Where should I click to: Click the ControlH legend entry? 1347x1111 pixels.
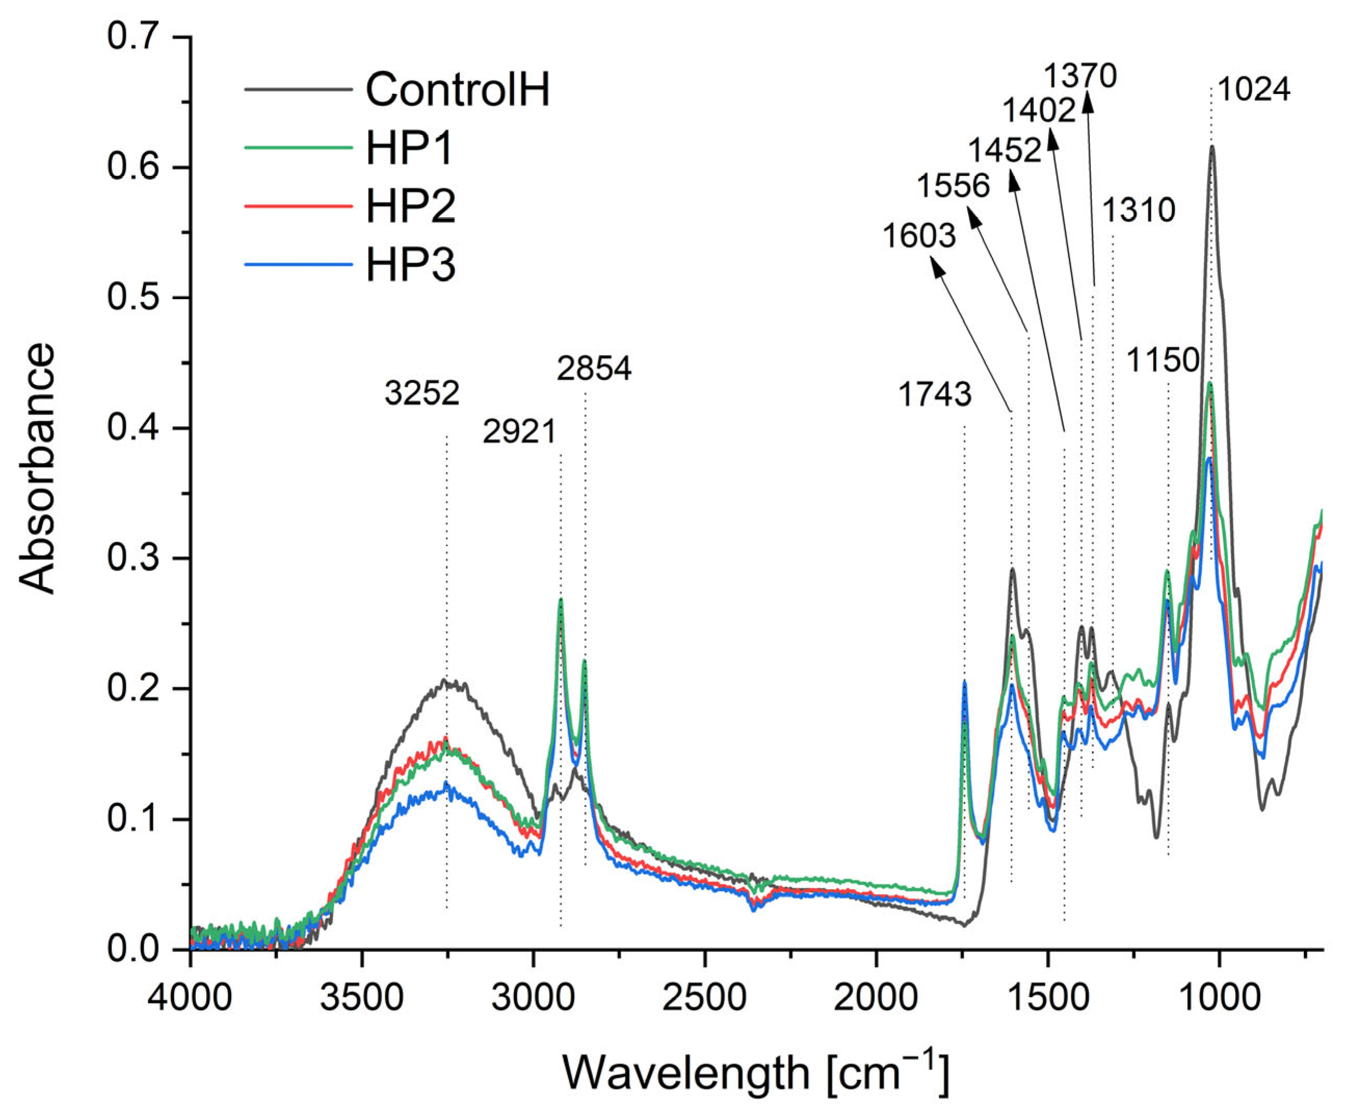pos(457,89)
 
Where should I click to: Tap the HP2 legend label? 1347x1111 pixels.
pos(410,207)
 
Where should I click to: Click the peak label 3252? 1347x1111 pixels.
pos(422,393)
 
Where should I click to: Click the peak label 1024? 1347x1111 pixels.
pos(1253,89)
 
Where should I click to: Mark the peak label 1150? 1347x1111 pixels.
pos(1162,360)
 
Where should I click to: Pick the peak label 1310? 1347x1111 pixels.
pos(1139,210)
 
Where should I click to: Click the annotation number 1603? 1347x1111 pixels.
pos(919,235)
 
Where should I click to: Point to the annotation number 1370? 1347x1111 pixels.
pos(1081,76)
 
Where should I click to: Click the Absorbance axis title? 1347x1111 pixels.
pos(36,469)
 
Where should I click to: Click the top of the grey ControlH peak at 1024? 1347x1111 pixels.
pos(1211,148)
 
